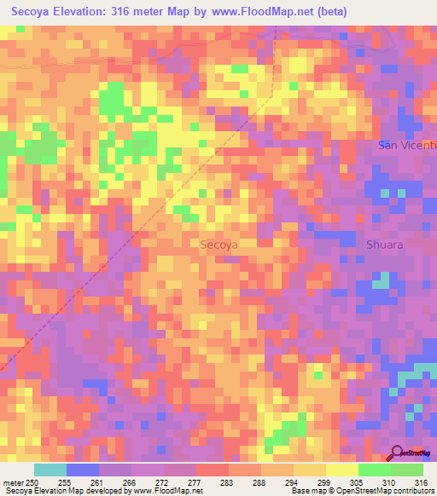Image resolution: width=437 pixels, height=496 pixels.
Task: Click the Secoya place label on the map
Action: click(218, 244)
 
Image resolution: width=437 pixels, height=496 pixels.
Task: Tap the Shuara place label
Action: click(384, 244)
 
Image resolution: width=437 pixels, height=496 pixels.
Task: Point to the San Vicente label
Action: click(407, 145)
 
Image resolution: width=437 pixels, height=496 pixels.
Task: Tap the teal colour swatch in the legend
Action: click(50, 470)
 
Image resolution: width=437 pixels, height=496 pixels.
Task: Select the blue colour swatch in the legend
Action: click(83, 470)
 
